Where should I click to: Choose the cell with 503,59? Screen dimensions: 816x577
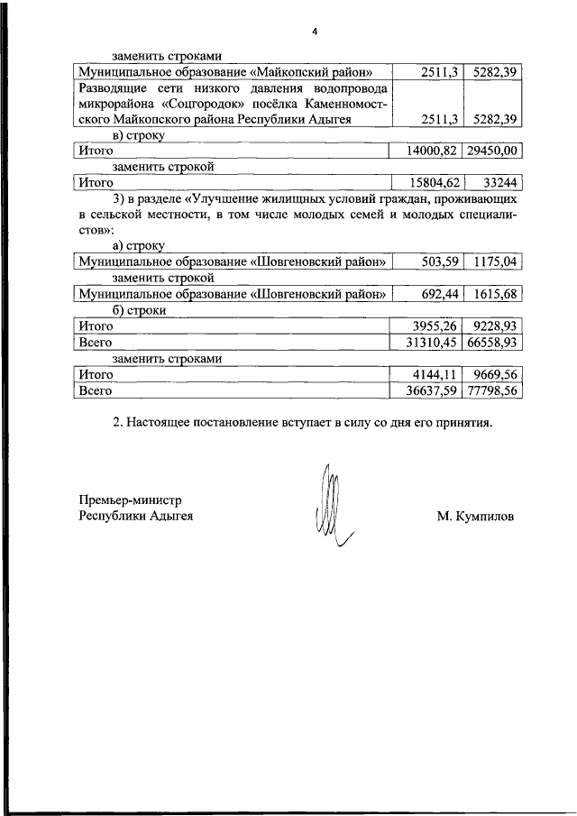click(441, 261)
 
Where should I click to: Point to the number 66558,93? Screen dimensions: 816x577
click(494, 343)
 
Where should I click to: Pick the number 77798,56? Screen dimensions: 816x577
click(494, 391)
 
